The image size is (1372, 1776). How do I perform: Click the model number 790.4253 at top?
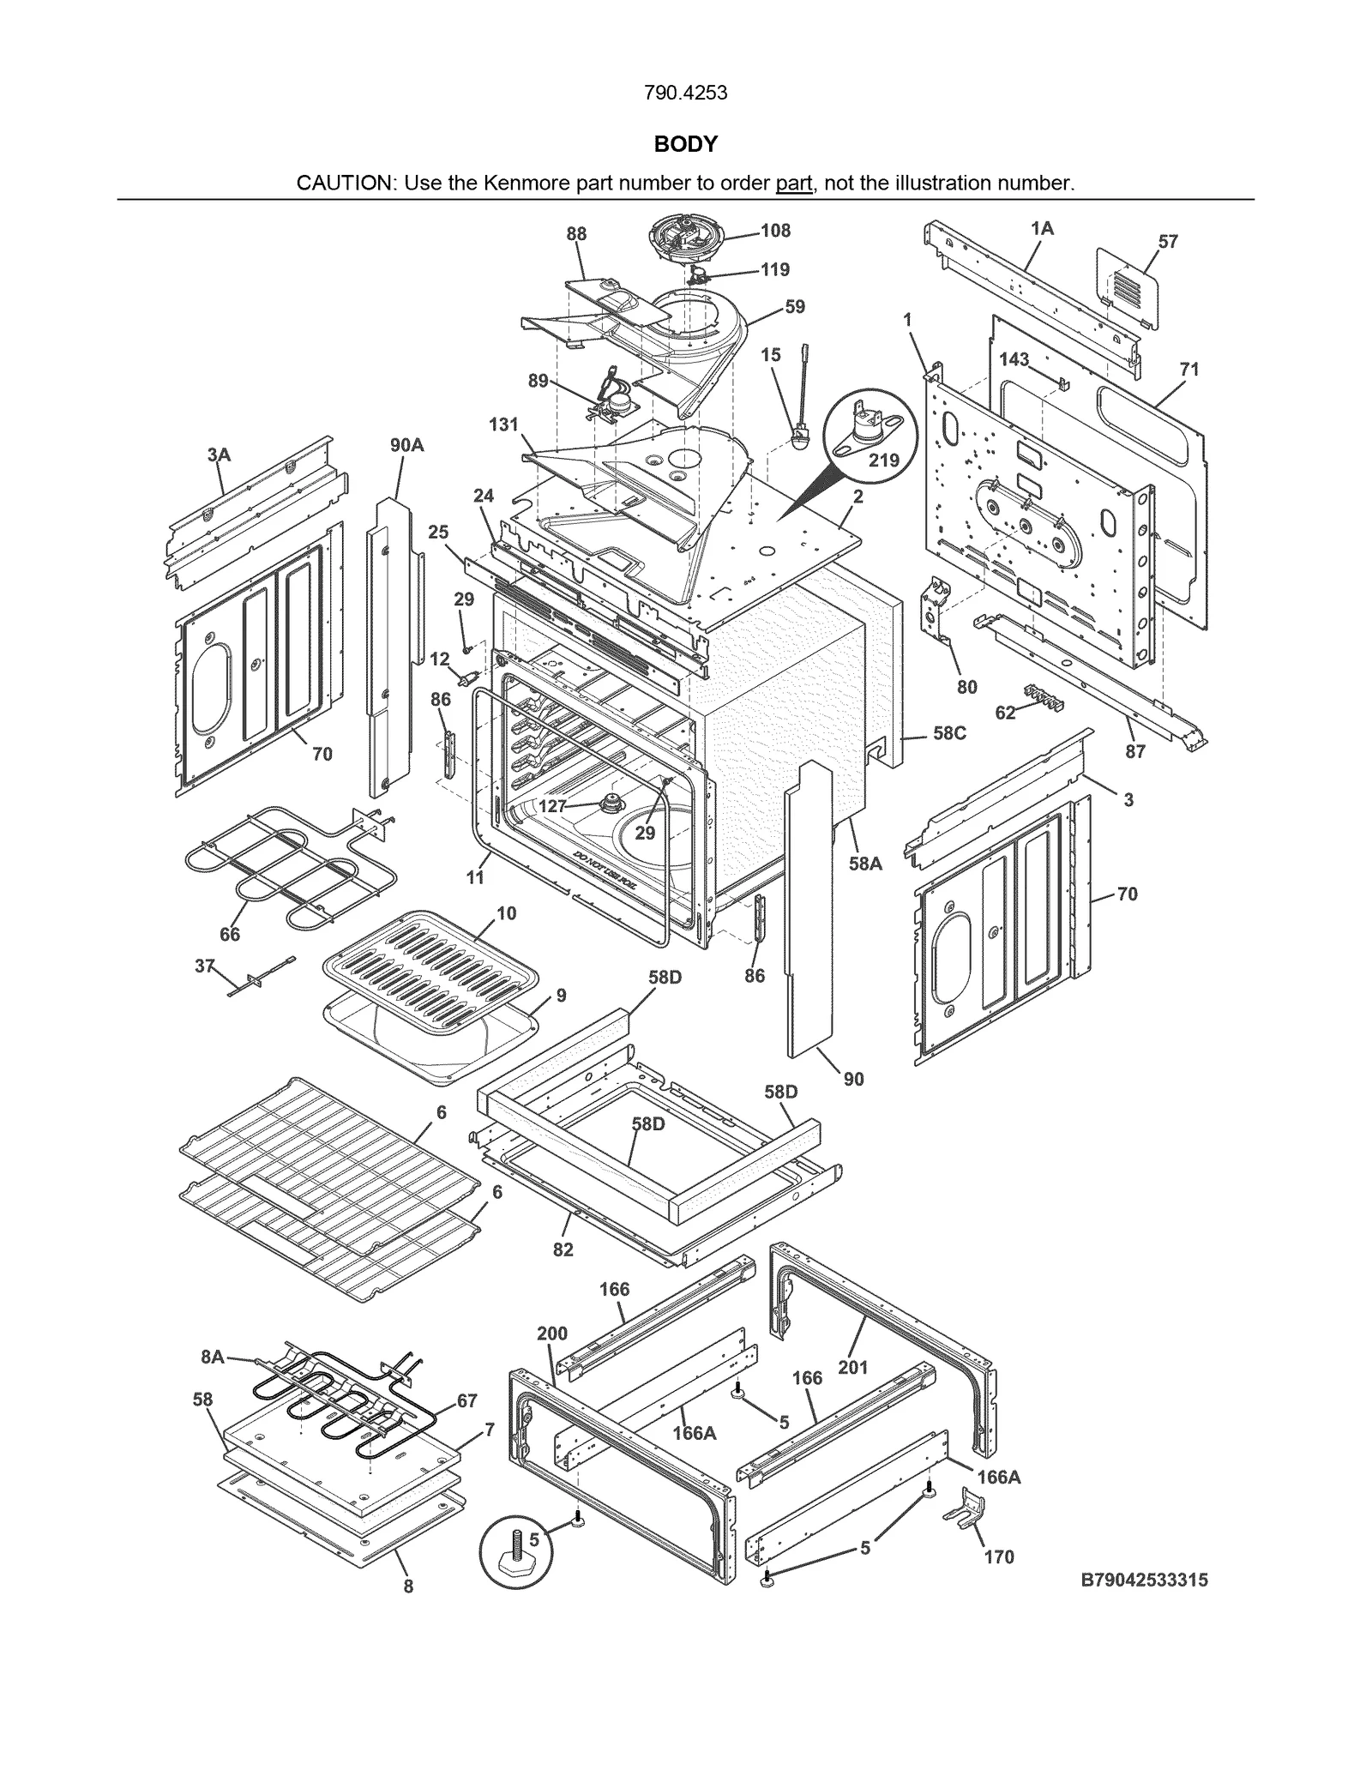pos(685,93)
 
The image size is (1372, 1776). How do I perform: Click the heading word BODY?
pos(685,144)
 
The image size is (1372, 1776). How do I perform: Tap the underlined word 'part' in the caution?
pos(793,183)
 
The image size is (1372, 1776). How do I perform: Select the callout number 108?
pos(775,231)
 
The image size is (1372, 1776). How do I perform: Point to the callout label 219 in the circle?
pos(884,460)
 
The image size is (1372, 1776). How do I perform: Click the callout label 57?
pos(1168,242)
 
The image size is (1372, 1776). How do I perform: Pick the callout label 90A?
pos(406,445)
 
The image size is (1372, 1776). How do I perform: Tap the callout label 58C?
pos(949,733)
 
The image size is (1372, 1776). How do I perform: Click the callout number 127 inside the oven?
pos(552,806)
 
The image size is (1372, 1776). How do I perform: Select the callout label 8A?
pos(213,1357)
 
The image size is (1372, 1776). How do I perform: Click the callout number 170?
pos(999,1557)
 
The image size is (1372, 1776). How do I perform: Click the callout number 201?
pos(853,1367)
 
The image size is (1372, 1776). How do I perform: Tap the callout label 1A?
pos(1042,228)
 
